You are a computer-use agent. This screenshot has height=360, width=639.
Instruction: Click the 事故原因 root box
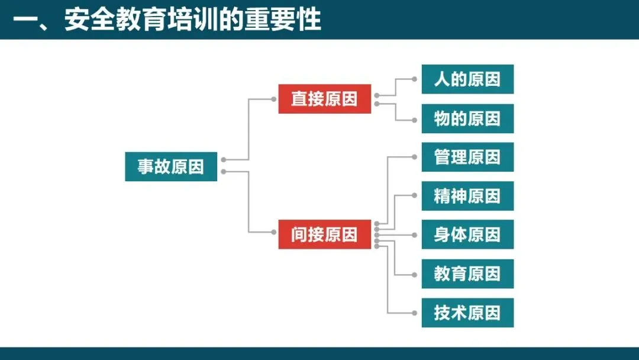click(x=171, y=166)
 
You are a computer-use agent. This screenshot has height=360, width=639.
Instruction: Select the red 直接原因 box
click(x=324, y=99)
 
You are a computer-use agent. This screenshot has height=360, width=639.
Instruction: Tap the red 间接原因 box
click(x=324, y=234)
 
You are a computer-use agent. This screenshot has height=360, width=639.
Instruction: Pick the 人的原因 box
click(x=467, y=79)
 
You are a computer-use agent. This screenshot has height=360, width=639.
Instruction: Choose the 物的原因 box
click(x=467, y=118)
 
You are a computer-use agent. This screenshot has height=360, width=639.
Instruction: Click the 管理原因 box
click(x=467, y=157)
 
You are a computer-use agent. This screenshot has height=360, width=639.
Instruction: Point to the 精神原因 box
click(x=467, y=196)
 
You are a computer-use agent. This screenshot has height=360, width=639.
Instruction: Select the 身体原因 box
click(x=467, y=234)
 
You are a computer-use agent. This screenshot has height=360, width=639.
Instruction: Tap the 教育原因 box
click(x=467, y=274)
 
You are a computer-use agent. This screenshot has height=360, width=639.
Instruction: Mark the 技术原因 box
click(x=467, y=313)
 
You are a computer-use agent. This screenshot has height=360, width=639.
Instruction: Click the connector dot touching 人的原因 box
click(x=414, y=79)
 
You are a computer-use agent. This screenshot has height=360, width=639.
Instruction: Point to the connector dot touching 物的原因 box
click(x=414, y=120)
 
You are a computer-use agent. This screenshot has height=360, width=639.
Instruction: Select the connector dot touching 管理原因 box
click(x=414, y=157)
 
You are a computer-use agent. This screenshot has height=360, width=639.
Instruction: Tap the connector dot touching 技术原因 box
click(x=414, y=313)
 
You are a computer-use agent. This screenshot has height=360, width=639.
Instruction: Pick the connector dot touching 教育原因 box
click(x=414, y=274)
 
